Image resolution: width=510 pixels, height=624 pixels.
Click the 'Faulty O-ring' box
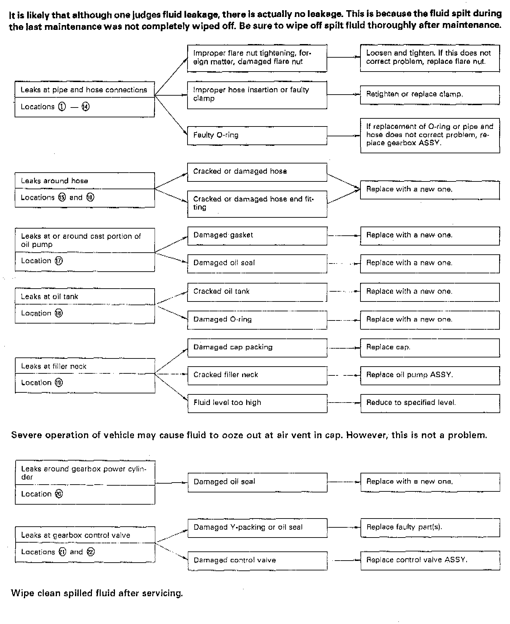257,135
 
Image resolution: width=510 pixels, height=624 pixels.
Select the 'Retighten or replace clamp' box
430,95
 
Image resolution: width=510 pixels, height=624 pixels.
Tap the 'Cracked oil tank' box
257,292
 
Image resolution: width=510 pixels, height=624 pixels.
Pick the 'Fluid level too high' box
257,403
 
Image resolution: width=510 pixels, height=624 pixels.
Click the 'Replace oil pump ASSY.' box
430,375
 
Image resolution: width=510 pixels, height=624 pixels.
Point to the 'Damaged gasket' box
257,235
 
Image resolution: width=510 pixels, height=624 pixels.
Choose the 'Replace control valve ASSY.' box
430,560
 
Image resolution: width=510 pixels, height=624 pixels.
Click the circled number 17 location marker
59,261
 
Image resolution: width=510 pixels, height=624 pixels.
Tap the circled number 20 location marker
59,494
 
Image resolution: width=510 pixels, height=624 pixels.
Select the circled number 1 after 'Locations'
62,107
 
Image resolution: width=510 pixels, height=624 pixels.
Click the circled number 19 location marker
59,383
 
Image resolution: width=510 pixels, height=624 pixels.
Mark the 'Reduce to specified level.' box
430,403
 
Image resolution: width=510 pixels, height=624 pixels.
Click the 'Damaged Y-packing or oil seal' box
257,528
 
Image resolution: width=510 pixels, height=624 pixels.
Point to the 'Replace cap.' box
430,347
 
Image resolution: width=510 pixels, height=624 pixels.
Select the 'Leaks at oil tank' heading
50,297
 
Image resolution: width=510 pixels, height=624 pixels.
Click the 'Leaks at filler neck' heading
54,367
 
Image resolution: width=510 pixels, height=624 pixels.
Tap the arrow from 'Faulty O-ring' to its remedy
343,136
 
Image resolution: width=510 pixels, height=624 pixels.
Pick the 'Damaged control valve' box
257,560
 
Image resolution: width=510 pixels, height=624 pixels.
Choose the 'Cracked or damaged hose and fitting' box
257,203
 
